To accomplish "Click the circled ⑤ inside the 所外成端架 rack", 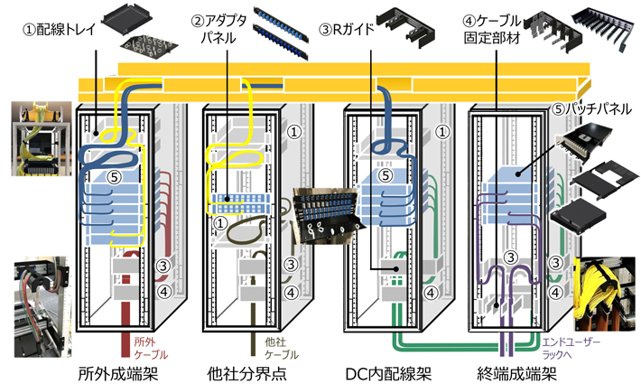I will (114, 179).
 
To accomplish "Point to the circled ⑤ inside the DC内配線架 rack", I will (385, 177).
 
